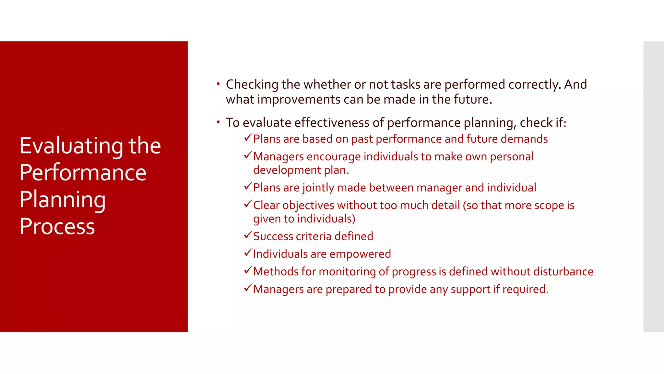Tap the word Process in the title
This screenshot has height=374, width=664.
[57, 226]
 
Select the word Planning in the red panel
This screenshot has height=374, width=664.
[62, 200]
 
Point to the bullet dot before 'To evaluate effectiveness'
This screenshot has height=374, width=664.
[219, 122]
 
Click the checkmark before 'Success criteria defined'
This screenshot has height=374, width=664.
[248, 235]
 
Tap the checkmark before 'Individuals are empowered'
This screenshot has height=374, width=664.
[248, 253]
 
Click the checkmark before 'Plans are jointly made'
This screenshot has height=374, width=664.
[248, 186]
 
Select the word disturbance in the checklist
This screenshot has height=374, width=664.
[563, 271]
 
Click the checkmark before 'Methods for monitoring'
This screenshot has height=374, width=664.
[248, 270]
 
